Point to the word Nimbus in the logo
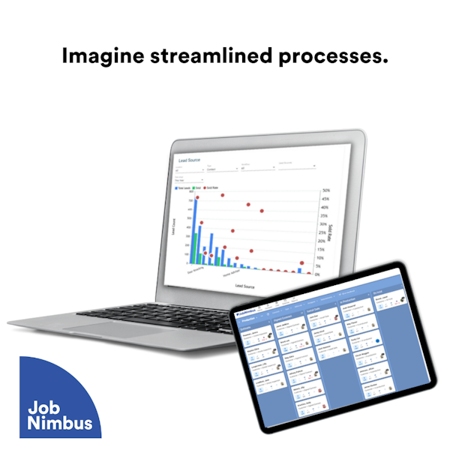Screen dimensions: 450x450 [59, 424]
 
